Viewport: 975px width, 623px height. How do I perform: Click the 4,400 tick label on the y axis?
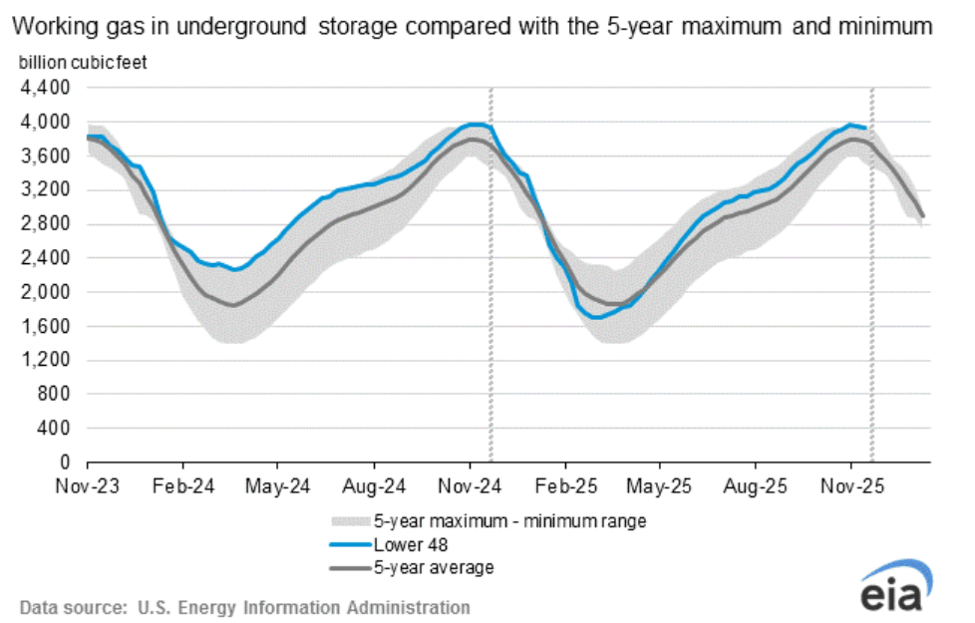point(49,88)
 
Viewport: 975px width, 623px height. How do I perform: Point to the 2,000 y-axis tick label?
point(49,292)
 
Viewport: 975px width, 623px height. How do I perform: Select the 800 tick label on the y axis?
point(56,394)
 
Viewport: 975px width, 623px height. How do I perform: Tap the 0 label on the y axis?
point(66,463)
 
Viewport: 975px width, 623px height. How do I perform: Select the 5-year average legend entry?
point(434,567)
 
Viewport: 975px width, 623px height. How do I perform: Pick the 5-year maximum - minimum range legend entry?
point(509,521)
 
